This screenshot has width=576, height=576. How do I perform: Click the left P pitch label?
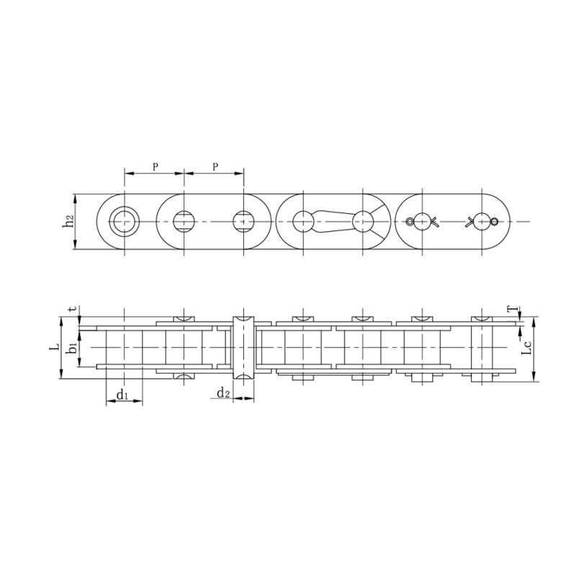(x=155, y=166)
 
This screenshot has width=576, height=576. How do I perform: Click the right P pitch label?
(x=215, y=166)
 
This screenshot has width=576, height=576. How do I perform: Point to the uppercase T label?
(x=510, y=310)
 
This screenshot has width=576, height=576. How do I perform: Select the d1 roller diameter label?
(x=122, y=395)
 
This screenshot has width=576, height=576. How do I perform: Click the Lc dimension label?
(x=527, y=348)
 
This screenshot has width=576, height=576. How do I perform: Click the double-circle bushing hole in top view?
(x=125, y=221)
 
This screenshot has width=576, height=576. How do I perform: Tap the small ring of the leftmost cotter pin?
(x=410, y=221)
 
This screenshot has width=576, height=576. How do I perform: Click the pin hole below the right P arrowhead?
(x=244, y=221)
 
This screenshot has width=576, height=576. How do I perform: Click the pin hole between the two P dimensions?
(x=184, y=221)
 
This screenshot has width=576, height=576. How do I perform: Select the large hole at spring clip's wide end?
(x=363, y=221)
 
